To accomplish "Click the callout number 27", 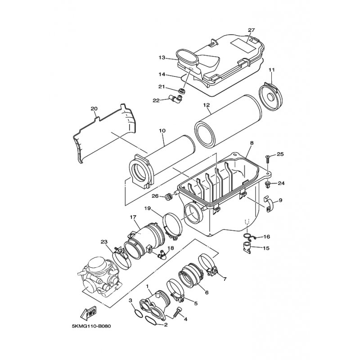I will [x=251, y=30].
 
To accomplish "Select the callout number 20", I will [x=94, y=108].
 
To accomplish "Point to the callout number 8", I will [x=252, y=143].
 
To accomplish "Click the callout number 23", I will [x=104, y=242].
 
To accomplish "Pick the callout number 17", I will [x=133, y=217].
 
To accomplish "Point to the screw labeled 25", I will [x=269, y=158].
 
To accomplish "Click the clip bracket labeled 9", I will [x=270, y=205].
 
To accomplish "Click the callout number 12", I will [x=207, y=106].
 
